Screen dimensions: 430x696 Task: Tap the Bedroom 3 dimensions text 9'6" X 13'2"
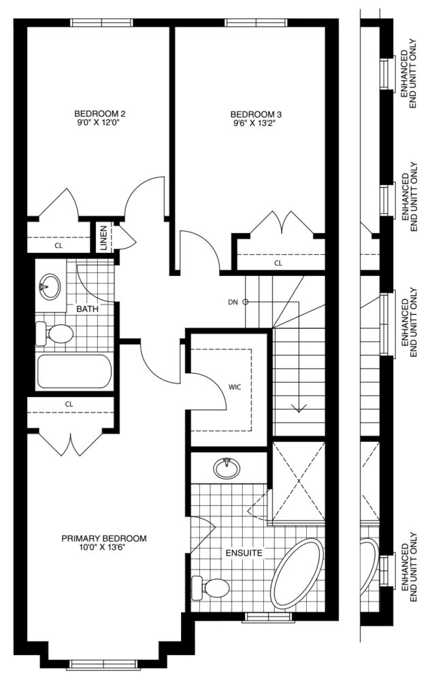coord(250,124)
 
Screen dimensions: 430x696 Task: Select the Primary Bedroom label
coord(104,538)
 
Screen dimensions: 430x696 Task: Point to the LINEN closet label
coord(103,238)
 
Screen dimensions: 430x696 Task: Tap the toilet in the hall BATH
coord(54,334)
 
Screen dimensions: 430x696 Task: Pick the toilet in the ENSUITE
coord(210,588)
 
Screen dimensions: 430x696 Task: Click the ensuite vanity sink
coord(227,468)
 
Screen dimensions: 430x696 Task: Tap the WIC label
coord(235,387)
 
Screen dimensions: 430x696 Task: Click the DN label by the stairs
coord(233,302)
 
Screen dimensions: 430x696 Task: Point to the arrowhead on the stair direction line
coord(299,408)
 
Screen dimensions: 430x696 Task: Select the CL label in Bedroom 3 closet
coord(278,263)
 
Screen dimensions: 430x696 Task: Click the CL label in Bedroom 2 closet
coord(59,245)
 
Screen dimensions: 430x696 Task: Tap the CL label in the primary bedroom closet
coord(69,404)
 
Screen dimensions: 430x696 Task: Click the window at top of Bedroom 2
coord(102,22)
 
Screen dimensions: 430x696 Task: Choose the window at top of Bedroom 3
coord(255,22)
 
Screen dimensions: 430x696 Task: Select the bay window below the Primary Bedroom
coord(102,664)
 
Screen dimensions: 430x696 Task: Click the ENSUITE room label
coord(244,553)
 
